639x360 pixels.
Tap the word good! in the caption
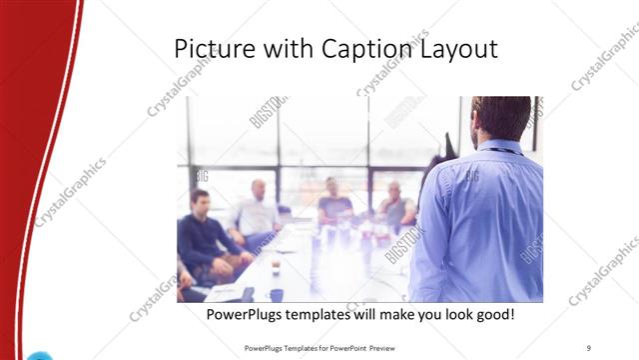coord(493,315)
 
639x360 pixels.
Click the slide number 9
coord(589,348)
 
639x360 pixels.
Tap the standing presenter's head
coord(501,118)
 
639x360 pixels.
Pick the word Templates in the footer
coord(307,348)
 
